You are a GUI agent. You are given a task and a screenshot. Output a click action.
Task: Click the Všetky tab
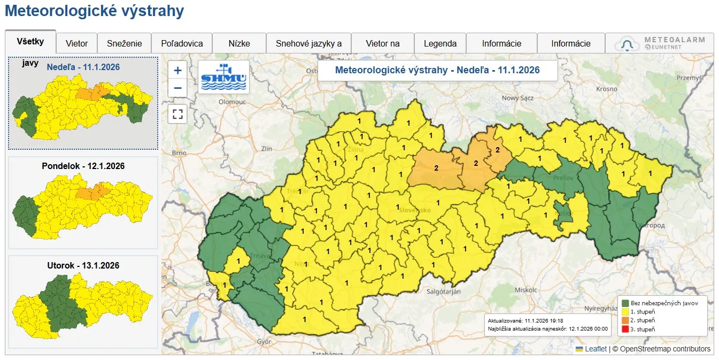click(30, 42)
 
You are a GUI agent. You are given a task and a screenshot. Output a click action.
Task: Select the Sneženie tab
click(124, 43)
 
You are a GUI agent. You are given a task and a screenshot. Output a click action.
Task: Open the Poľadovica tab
click(182, 43)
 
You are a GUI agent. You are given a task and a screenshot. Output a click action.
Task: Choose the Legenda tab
click(440, 43)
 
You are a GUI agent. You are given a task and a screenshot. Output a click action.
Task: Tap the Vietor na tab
click(382, 43)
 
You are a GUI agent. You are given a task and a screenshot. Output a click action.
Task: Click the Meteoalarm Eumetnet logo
click(660, 43)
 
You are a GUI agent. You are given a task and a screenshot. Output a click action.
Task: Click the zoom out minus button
click(177, 88)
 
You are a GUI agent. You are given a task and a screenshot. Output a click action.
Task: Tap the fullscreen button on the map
click(177, 114)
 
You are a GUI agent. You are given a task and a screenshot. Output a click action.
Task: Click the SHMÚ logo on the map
click(223, 77)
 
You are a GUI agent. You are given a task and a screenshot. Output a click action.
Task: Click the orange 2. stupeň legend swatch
click(625, 320)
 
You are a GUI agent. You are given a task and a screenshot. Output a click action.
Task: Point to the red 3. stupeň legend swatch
click(625, 330)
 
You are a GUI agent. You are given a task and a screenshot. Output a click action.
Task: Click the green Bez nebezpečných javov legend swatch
click(625, 303)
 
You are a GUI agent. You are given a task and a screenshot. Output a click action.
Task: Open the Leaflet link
click(596, 349)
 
